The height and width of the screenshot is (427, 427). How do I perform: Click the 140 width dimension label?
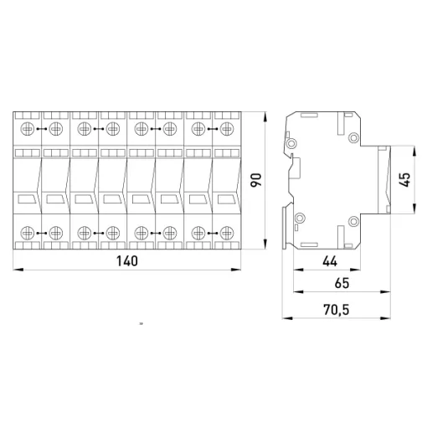(127, 261)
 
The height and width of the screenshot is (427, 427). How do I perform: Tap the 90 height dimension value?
(256, 180)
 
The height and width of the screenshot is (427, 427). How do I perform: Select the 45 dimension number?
(404, 179)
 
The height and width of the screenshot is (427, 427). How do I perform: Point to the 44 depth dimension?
(330, 261)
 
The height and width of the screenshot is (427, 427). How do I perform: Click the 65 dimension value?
(342, 283)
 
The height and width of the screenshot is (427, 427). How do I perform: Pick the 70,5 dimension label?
(337, 310)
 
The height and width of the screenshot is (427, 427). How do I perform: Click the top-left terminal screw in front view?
(28, 129)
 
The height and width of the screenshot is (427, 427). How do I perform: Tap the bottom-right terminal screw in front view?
(227, 233)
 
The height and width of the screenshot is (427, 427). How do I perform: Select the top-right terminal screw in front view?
(227, 129)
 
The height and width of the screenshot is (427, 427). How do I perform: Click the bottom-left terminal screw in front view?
(28, 233)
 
